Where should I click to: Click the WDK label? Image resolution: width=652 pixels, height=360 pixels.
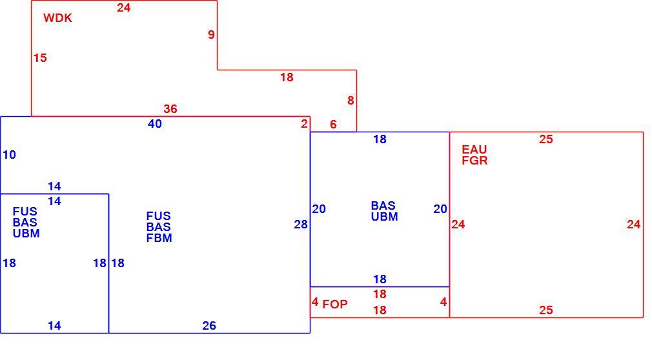click(x=58, y=18)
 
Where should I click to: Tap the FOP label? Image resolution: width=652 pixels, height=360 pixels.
click(x=335, y=305)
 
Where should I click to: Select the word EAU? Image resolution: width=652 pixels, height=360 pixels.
click(x=474, y=149)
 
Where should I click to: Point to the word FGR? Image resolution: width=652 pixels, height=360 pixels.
click(x=474, y=161)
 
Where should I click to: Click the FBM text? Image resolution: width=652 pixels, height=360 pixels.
click(x=159, y=238)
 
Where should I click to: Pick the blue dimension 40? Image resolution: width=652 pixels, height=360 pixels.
click(x=155, y=124)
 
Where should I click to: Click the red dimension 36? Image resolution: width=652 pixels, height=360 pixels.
click(x=170, y=109)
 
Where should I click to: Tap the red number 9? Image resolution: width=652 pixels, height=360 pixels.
click(x=211, y=34)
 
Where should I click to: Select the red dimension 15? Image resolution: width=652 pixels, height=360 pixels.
click(x=40, y=58)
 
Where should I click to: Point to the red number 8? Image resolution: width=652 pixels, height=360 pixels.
click(x=351, y=100)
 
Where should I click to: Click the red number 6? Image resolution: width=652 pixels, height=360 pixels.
click(x=333, y=125)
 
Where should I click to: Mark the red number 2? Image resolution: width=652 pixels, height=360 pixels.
click(x=305, y=123)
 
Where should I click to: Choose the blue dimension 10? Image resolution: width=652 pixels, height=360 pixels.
click(x=9, y=155)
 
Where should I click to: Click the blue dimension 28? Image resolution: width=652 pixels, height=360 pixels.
click(x=301, y=225)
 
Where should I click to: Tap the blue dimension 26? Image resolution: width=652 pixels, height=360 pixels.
click(x=209, y=326)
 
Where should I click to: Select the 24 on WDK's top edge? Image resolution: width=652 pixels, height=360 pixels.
click(x=123, y=8)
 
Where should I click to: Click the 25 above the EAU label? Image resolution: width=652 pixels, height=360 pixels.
click(x=546, y=139)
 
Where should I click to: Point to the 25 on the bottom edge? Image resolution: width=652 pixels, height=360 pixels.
click(x=546, y=310)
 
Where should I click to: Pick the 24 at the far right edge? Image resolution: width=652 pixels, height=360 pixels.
click(x=634, y=225)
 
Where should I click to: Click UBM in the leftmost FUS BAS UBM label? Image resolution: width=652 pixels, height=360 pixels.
click(x=26, y=234)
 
